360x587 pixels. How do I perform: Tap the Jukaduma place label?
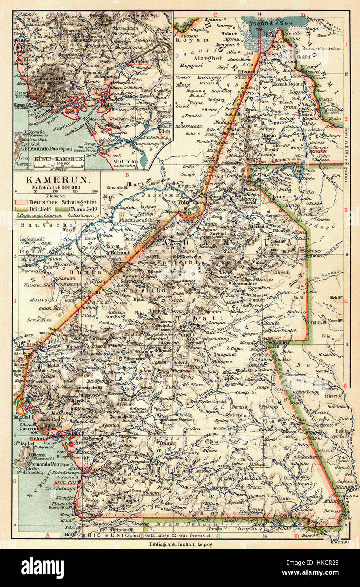[x=309, y=457]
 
